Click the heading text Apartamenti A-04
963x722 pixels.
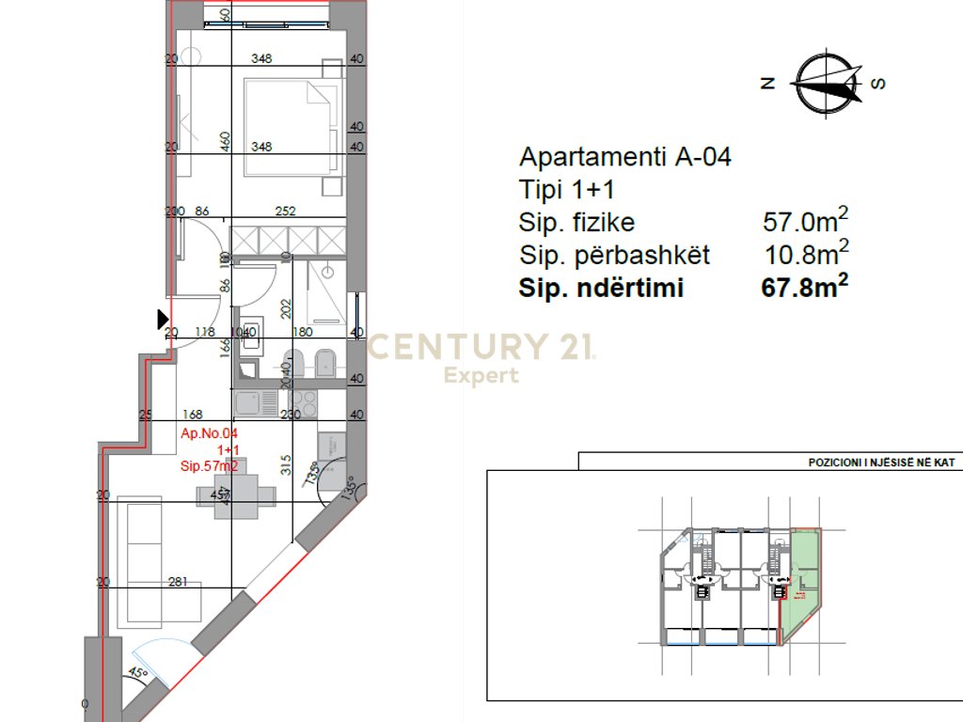[625, 157]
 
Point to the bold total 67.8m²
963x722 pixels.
[804, 288]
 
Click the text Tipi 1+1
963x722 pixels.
[566, 190]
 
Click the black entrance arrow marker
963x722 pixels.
[163, 320]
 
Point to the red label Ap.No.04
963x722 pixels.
[208, 434]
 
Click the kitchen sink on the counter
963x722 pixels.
[249, 404]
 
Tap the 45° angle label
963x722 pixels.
[139, 673]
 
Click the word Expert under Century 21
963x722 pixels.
[481, 376]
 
